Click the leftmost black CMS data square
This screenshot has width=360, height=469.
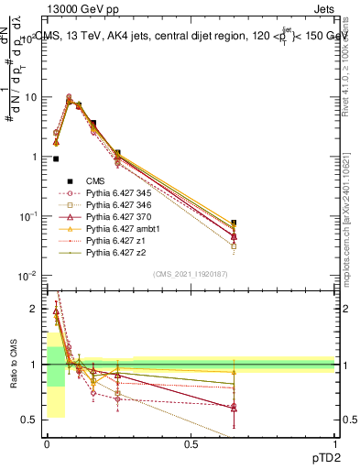[x=56, y=158]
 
